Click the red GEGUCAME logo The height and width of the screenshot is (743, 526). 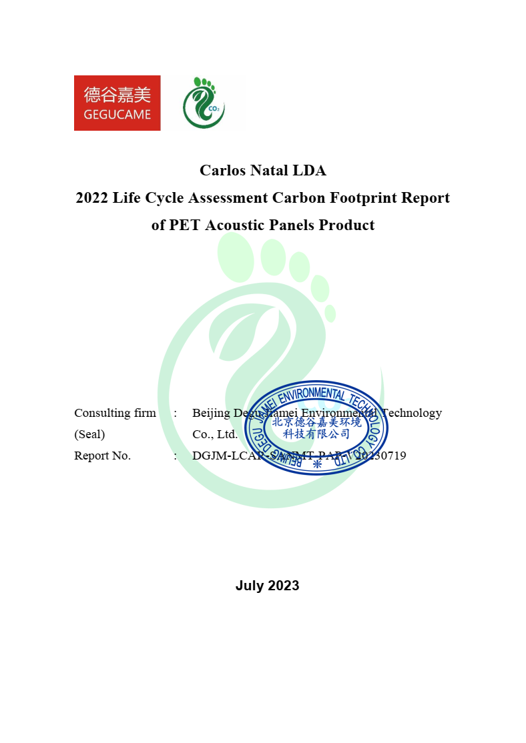click(117, 103)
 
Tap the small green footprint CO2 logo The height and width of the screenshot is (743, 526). click(204, 103)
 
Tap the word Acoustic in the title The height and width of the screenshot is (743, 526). click(235, 225)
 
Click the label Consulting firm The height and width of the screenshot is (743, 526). click(115, 413)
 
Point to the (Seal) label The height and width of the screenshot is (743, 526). click(89, 434)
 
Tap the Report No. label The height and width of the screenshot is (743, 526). click(102, 456)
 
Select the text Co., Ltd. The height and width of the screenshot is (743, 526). click(215, 434)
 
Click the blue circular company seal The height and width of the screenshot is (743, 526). click(316, 427)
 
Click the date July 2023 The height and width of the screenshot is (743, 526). click(267, 586)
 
